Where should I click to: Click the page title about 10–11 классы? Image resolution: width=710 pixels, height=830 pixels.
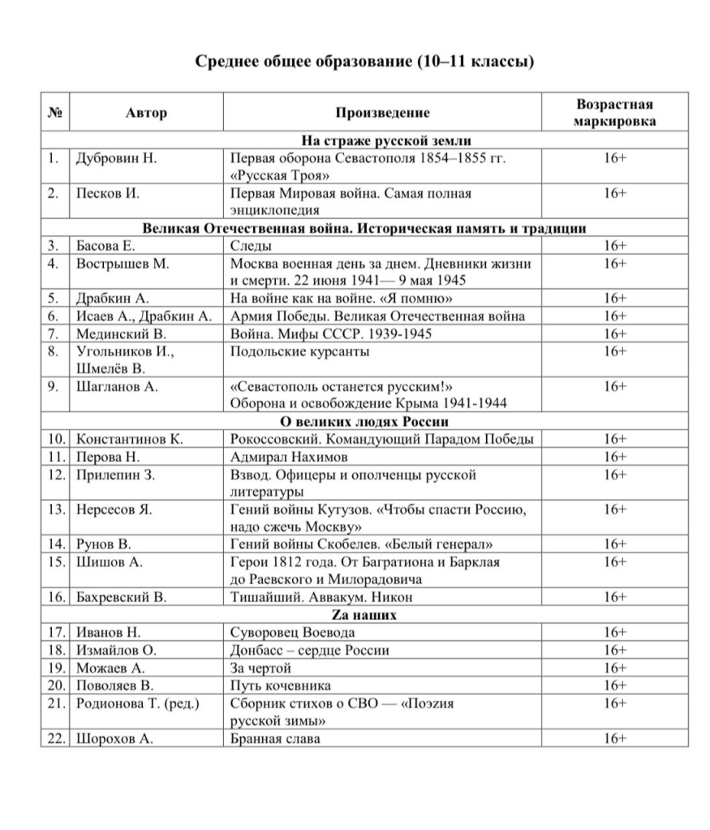[x=364, y=62]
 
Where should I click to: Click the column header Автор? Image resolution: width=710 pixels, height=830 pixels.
[x=146, y=113]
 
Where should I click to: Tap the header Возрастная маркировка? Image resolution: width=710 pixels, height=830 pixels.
[x=614, y=113]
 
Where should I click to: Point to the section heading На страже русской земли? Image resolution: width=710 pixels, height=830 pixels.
[x=364, y=140]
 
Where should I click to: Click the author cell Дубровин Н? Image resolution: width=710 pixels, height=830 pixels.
[x=116, y=158]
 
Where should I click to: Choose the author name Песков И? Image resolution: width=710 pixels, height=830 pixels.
[x=108, y=194]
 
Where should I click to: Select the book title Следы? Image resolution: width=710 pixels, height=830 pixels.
[x=251, y=246]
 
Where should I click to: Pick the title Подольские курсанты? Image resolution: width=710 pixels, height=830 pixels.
[x=300, y=351]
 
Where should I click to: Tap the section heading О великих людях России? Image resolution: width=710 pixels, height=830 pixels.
[x=364, y=422]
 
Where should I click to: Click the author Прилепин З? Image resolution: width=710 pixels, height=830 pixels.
[x=115, y=475]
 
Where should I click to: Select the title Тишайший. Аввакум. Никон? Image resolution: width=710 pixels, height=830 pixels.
[x=308, y=598]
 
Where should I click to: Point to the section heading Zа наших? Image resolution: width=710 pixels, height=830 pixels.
[x=364, y=615]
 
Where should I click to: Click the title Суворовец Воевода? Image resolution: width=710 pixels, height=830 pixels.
[x=293, y=633]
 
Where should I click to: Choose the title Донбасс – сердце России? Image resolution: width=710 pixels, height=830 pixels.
[x=310, y=651]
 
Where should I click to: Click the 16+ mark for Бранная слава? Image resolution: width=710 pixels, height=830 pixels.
[x=614, y=738]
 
